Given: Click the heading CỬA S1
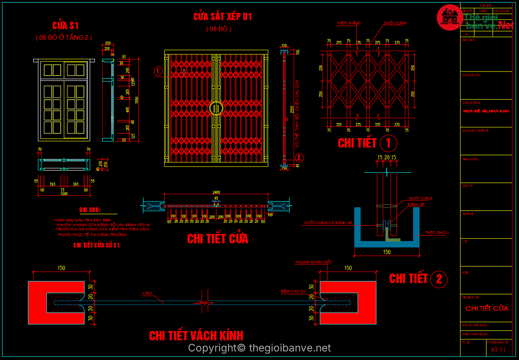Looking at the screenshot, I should click(65, 25).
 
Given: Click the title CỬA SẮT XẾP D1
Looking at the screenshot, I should click(223, 17).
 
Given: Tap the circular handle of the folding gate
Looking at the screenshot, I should click(216, 108).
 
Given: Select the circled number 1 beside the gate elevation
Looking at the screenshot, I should click(158, 71).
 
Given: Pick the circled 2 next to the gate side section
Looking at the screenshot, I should click(299, 157).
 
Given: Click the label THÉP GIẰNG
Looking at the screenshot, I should click(348, 23).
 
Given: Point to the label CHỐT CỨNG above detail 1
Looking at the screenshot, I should click(395, 23).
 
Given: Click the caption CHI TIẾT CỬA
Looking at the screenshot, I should click(217, 239).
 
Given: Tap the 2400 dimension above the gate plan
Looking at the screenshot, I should click(216, 193).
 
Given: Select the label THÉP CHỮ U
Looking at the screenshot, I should click(437, 233).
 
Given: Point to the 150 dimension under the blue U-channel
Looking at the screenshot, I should click(387, 252).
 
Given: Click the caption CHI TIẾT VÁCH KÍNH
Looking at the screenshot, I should click(196, 336).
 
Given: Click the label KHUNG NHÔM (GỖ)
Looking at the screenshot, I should click(314, 262).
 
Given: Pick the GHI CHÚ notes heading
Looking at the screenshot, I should click(90, 210).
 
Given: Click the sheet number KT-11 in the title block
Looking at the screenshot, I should click(498, 350).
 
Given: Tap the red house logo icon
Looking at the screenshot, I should click(449, 18).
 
